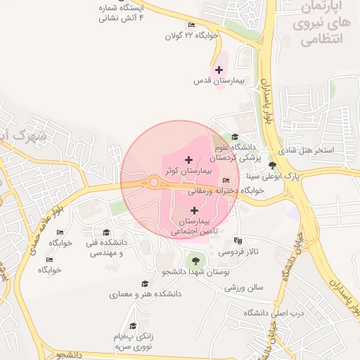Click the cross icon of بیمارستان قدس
click(x=219, y=70)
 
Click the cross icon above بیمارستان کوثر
click(x=188, y=160)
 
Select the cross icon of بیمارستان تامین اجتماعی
click(x=195, y=210)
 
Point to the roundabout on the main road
click(x=154, y=183)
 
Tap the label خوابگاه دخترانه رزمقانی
click(x=224, y=191)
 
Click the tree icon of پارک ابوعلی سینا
click(x=272, y=165)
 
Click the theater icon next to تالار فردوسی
click(x=237, y=240)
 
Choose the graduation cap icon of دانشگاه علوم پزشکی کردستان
click(x=235, y=136)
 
